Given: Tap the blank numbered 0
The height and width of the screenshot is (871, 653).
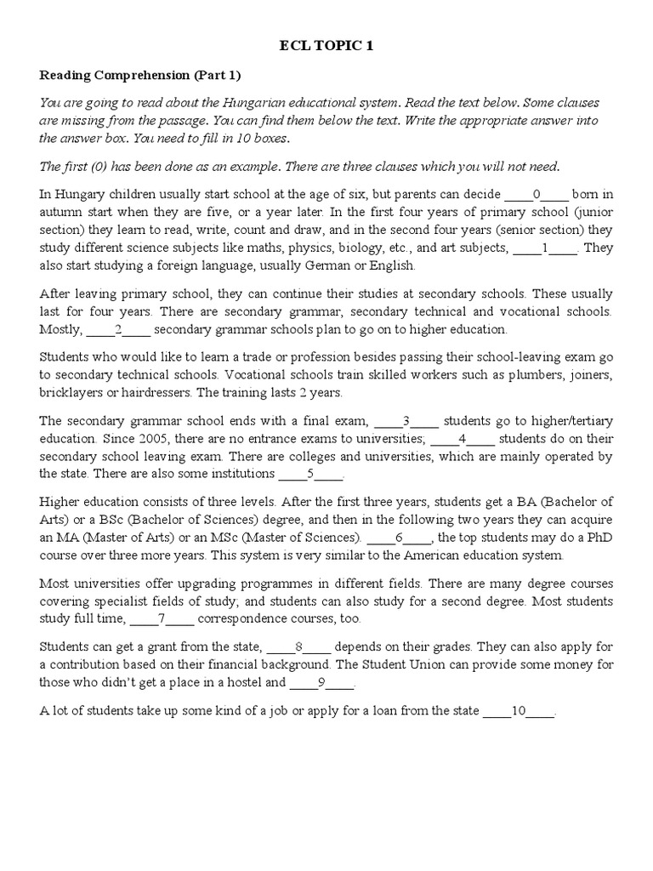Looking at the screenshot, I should point(537,194).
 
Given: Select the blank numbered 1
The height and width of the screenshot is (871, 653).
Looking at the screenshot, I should point(545,248).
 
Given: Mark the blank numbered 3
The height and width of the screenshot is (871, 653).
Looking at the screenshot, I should point(406,420).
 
